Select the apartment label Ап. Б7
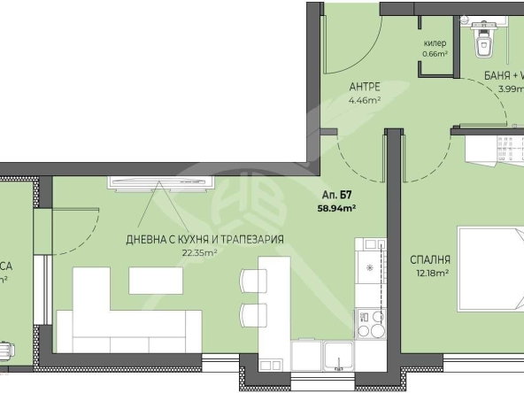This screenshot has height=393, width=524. (x=337, y=196)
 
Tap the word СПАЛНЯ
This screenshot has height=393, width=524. (x=431, y=259)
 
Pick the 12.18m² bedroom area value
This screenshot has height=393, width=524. (x=431, y=274)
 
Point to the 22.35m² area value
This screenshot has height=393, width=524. (x=200, y=252)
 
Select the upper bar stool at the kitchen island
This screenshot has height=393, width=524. (x=252, y=280)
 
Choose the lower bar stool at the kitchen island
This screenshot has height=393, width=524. (x=252, y=313)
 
